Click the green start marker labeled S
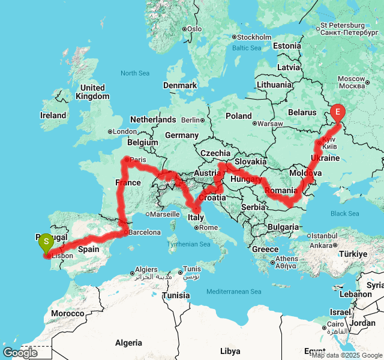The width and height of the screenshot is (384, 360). (x=46, y=242)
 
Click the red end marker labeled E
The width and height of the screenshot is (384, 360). (x=338, y=112)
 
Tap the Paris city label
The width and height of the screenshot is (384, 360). (x=138, y=160)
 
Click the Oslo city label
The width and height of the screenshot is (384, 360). (x=194, y=28)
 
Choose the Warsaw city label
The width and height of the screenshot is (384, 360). (x=269, y=124)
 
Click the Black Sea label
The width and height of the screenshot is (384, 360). (x=345, y=214)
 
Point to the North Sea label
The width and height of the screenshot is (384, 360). (x=135, y=73)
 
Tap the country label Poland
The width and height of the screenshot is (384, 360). (x=239, y=116)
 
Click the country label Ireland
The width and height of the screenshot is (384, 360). (x=53, y=115)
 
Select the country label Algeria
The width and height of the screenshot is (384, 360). (x=128, y=343)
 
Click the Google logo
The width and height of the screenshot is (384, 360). (x=20, y=353)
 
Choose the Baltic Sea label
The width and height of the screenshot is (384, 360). (x=247, y=48)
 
